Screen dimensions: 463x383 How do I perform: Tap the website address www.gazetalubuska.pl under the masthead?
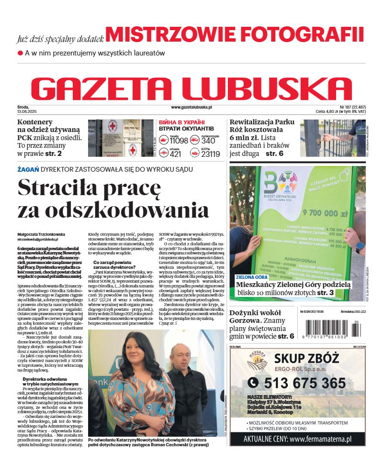click(x=191, y=108)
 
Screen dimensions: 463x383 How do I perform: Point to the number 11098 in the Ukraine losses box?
click(x=179, y=141)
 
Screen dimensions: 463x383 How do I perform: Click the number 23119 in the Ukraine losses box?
click(x=210, y=154)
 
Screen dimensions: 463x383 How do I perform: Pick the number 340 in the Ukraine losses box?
click(x=208, y=141)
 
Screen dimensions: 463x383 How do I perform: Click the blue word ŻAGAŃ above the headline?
click(x=28, y=169)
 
